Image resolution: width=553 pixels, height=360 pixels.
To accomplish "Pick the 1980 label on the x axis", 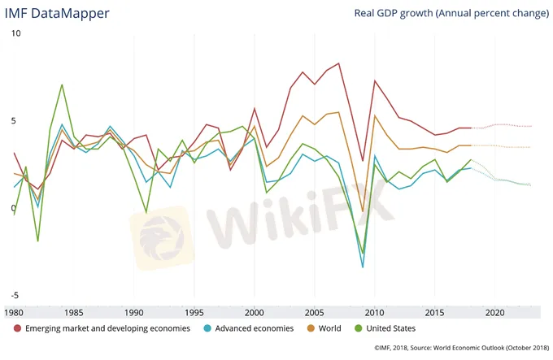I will tap(13, 312).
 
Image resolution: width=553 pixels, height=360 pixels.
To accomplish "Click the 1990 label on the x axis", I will tap(135, 312).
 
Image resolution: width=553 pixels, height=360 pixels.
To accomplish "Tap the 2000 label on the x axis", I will tap(255, 312).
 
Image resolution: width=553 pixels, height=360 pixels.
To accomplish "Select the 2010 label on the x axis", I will tap(375, 312).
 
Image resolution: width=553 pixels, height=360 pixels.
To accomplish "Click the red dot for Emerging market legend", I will tap(18, 328).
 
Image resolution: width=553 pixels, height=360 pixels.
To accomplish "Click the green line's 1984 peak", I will tap(62, 85).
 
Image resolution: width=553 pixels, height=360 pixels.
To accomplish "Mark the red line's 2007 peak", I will tap(338, 63).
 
